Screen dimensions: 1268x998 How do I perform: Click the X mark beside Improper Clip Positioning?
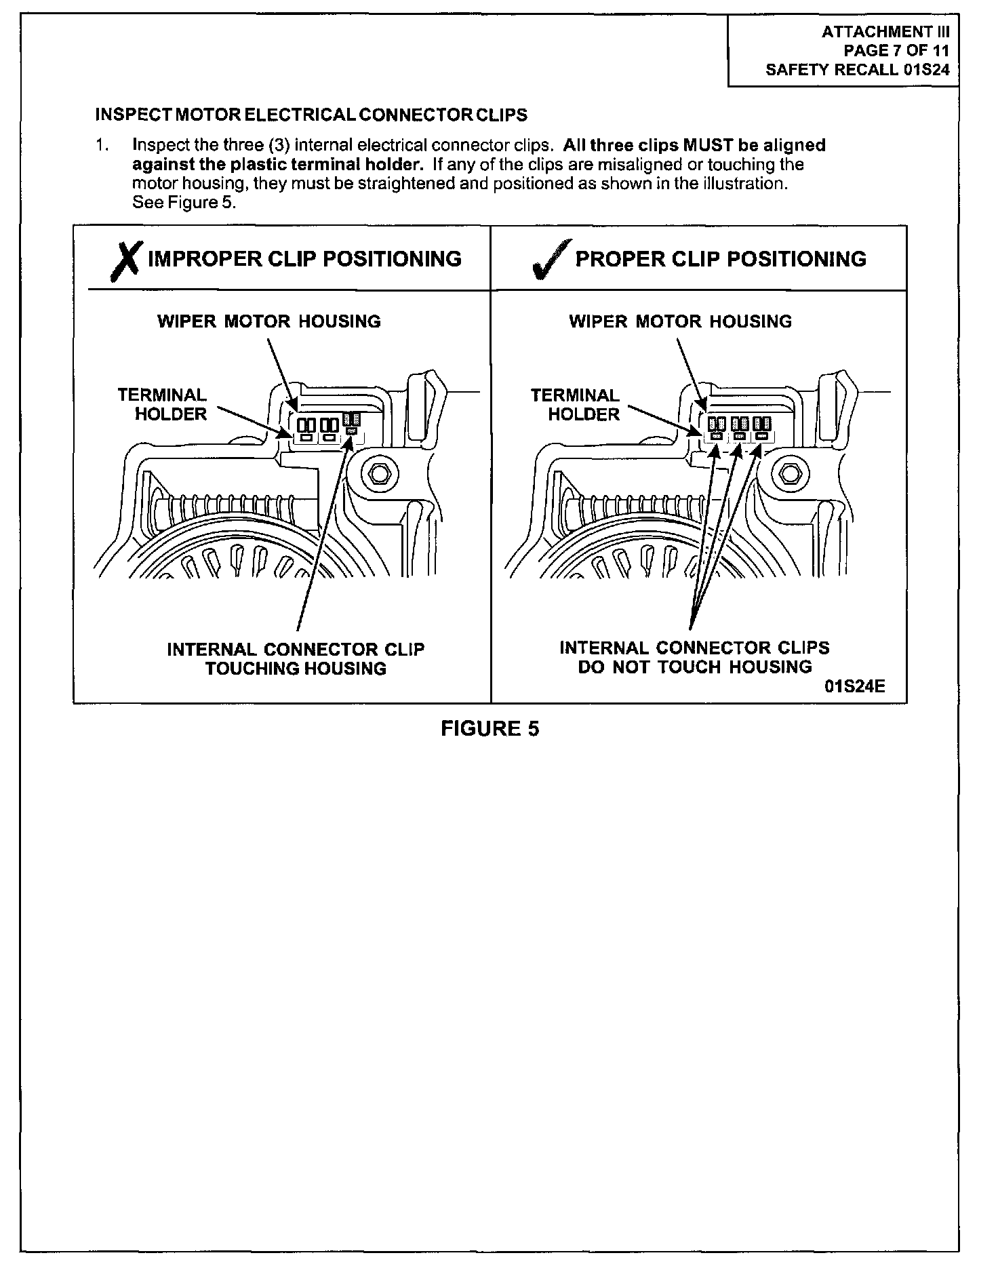tap(125, 260)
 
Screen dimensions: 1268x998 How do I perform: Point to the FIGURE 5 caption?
tap(490, 729)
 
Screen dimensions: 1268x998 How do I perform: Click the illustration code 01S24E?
tap(855, 686)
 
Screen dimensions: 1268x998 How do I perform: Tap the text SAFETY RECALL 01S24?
tap(857, 70)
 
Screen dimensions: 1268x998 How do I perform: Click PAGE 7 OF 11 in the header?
tap(896, 51)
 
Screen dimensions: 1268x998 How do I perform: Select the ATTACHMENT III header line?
tap(885, 32)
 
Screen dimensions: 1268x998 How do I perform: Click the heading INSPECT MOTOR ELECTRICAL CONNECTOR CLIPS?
tap(311, 115)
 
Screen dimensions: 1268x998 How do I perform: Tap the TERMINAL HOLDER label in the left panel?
tap(163, 405)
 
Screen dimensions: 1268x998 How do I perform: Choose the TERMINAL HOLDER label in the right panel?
tap(576, 405)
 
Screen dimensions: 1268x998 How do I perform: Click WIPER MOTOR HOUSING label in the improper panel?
tap(269, 321)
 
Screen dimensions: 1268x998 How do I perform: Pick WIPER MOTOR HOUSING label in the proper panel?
tap(681, 321)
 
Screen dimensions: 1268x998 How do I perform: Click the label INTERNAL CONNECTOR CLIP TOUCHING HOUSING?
tap(296, 659)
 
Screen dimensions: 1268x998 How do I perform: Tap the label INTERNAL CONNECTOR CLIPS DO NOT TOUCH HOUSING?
tap(694, 658)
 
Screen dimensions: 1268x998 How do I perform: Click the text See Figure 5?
tap(184, 203)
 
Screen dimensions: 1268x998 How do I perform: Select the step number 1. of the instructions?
tap(102, 146)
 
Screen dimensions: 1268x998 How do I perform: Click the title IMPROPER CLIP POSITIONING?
tap(304, 259)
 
